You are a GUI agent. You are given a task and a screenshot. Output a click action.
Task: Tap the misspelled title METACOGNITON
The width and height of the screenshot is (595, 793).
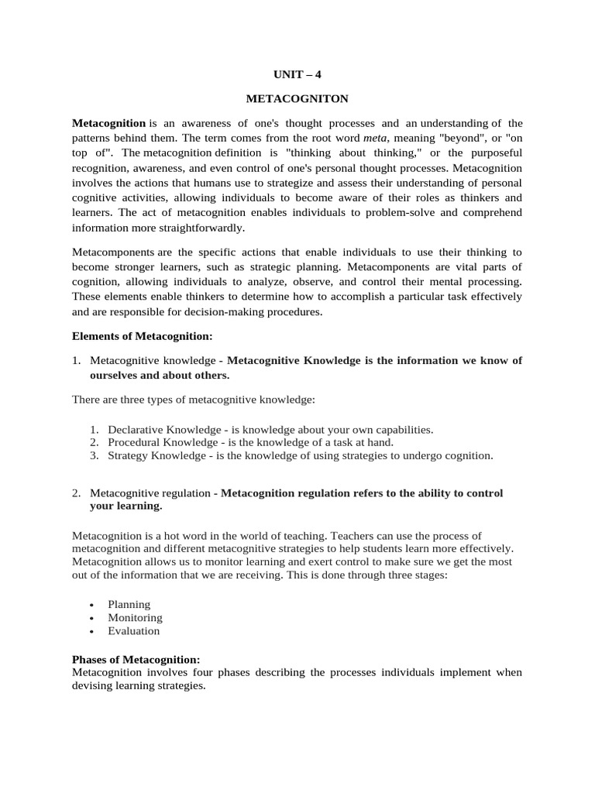coord(297,100)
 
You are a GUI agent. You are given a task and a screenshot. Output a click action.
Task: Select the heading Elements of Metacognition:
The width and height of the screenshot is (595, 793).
coord(142,336)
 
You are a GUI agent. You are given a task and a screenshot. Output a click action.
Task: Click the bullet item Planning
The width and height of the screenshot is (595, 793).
coord(129,604)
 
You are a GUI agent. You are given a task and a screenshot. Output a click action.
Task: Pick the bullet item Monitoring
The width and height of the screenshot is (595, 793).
coord(135,617)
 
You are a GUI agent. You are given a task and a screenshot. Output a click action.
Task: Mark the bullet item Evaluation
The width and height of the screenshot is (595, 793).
coord(134,630)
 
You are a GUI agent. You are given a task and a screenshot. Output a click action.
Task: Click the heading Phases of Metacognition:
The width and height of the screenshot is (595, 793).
coord(136,659)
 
